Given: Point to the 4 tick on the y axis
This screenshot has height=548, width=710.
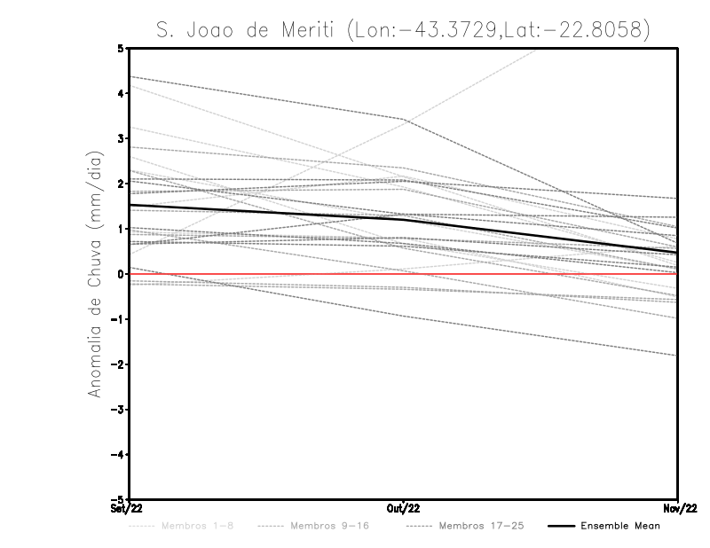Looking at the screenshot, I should pos(120,93).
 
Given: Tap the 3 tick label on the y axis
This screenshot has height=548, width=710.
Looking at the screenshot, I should pos(120,138).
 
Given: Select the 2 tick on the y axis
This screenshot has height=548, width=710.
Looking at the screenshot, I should pos(120,184).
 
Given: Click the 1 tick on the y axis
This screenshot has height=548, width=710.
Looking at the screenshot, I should pos(120,229).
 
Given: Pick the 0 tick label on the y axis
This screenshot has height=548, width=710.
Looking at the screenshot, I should pos(120,274).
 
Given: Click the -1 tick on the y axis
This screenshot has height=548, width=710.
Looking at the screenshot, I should pos(118,319).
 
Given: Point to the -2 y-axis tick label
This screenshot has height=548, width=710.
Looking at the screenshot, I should pos(118,364).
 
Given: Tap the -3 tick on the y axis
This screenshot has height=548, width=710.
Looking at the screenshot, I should pos(118,410).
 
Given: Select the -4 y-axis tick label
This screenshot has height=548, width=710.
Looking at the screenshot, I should pos(118,455).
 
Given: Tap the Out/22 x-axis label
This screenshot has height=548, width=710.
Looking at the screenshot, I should pos(403,509).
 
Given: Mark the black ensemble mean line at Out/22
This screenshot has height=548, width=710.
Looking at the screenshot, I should pos(403,218).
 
